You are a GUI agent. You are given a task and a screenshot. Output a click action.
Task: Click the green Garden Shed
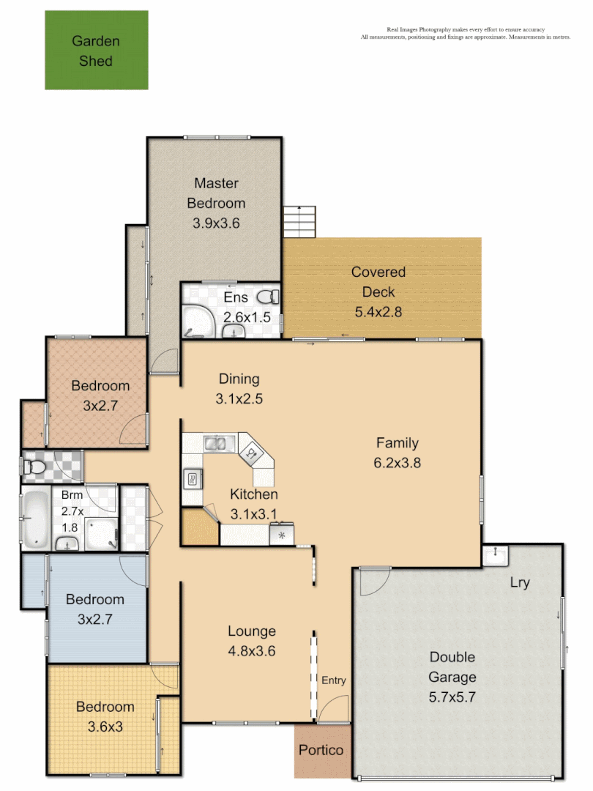click(x=96, y=50)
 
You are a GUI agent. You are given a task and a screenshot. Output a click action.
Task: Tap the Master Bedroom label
click(x=216, y=193)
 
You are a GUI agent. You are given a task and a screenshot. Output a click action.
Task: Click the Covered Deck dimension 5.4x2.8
click(x=378, y=311)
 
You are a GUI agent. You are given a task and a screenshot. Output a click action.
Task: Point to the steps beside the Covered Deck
click(x=300, y=220)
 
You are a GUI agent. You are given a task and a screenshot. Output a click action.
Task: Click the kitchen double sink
click(x=219, y=442)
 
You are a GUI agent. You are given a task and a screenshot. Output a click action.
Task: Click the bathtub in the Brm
click(x=35, y=520)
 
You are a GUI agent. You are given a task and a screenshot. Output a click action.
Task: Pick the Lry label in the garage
click(x=521, y=583)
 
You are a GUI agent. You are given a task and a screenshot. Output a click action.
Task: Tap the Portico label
click(x=321, y=750)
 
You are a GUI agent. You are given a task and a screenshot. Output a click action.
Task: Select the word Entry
click(x=333, y=680)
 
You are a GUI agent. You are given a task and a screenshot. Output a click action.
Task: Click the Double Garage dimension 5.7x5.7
click(x=452, y=697)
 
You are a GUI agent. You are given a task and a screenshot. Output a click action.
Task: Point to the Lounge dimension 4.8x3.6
click(x=251, y=650)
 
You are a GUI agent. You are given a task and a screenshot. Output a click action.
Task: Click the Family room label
click(x=398, y=442)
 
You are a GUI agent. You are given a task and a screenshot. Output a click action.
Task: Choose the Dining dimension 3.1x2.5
click(x=239, y=399)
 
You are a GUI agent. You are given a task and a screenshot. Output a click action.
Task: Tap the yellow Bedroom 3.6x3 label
click(x=105, y=707)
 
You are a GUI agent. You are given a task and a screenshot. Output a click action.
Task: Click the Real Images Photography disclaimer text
click(x=466, y=33)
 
